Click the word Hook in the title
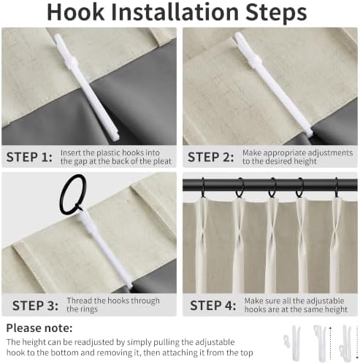tap(75, 12)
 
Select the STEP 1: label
tap(29, 157)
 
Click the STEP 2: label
tap(210, 157)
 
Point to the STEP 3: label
tap(35, 306)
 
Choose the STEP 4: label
tap(213, 306)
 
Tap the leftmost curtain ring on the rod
tap(203, 188)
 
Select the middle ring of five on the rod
tap(272, 187)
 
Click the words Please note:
tap(39, 328)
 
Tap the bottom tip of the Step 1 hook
tap(117, 138)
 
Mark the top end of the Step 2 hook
tap(237, 34)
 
